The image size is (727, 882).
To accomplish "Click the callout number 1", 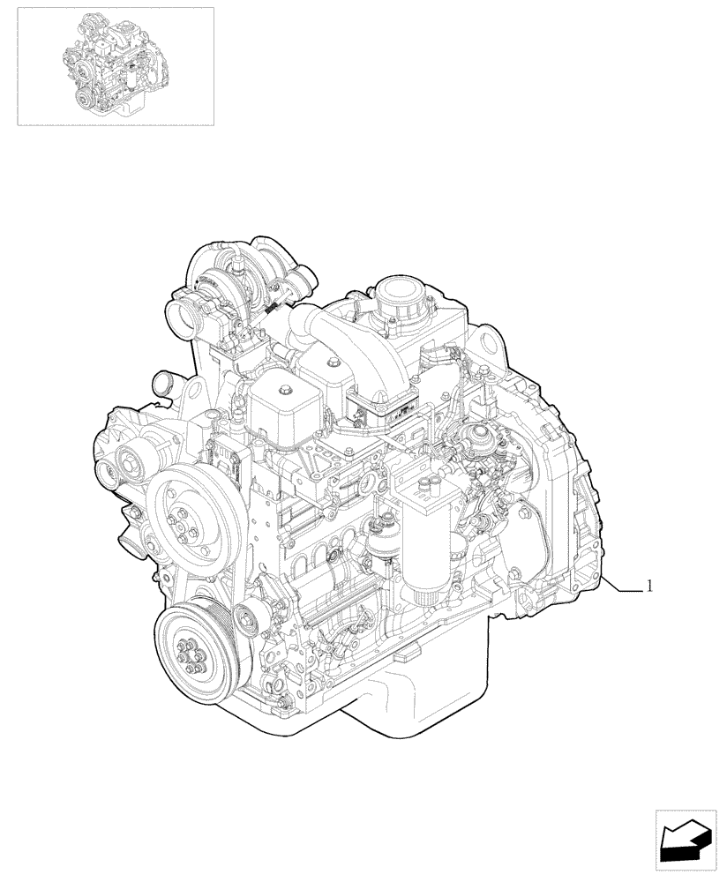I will coord(650,586).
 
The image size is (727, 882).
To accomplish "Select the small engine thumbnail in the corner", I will coord(116,65).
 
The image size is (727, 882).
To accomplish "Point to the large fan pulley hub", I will coord(187,514).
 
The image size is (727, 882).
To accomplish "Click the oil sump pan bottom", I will coord(415,706).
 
